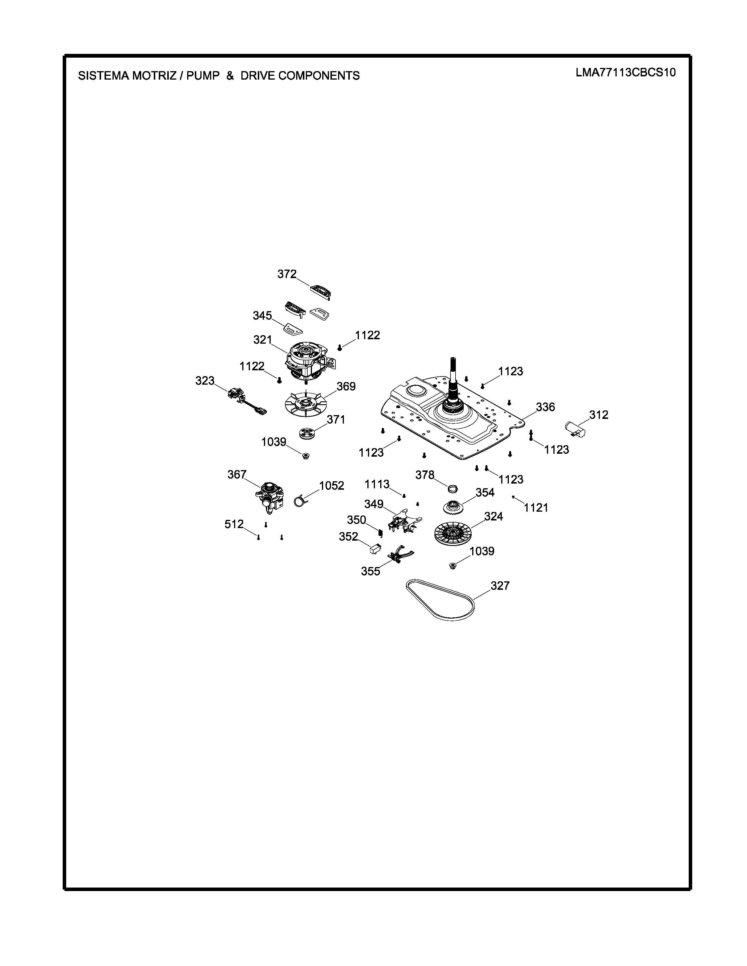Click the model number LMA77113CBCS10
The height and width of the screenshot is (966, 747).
tap(626, 73)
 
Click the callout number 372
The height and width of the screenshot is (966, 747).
tap(287, 274)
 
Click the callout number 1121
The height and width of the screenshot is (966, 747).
tap(536, 508)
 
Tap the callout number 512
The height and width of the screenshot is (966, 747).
tap(234, 524)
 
